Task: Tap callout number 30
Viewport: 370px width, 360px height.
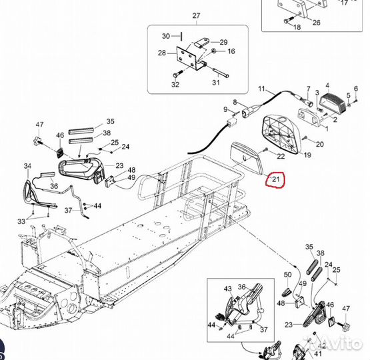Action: pyautogui.click(x=166, y=36)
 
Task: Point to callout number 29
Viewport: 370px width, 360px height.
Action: pyautogui.click(x=223, y=41)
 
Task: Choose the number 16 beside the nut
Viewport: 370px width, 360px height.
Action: pyautogui.click(x=231, y=51)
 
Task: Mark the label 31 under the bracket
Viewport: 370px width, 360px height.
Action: pyautogui.click(x=215, y=83)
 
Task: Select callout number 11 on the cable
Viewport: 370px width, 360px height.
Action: pyautogui.click(x=261, y=89)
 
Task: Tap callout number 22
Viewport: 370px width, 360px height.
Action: pyautogui.click(x=281, y=156)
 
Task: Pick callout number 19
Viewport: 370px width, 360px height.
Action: pyautogui.click(x=307, y=155)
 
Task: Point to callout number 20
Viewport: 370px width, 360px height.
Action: pyautogui.click(x=319, y=144)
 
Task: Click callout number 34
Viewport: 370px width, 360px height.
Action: pyautogui.click(x=27, y=165)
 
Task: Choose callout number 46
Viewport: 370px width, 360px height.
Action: pyautogui.click(x=60, y=135)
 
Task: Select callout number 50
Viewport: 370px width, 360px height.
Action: pyautogui.click(x=287, y=275)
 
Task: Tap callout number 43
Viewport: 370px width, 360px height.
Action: pyautogui.click(x=227, y=288)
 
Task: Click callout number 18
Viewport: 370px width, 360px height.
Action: pyautogui.click(x=297, y=27)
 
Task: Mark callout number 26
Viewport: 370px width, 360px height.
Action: pyautogui.click(x=316, y=23)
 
